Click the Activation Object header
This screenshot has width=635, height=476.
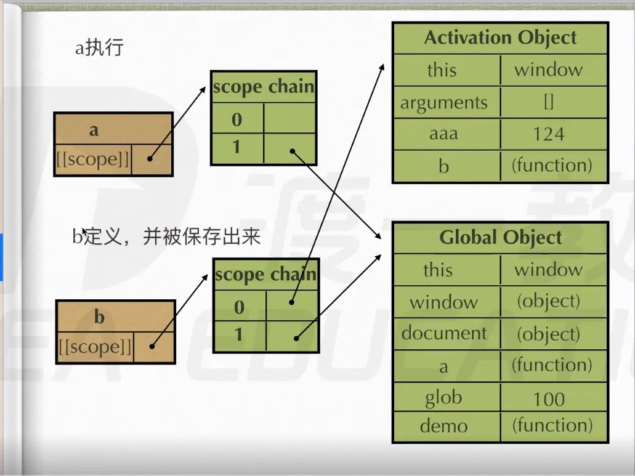pos(500,38)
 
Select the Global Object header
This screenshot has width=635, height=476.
pos(500,238)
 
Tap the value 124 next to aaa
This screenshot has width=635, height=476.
pos(548,134)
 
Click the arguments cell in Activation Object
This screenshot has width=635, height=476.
pos(444,102)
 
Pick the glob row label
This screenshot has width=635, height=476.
pos(443,398)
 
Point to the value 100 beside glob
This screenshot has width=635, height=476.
pos(548,399)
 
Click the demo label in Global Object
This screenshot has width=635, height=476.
pos(443,426)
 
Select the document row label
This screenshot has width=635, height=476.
pos(444,333)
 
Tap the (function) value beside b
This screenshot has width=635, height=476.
pos(552,165)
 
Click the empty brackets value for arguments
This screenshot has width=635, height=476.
pos(549,102)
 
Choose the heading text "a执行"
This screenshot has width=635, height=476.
pos(99,48)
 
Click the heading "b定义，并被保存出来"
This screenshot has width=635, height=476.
pos(166,236)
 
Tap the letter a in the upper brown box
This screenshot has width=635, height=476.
pos(94,130)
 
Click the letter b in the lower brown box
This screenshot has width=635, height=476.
pos(99,317)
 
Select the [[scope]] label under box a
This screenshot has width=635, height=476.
pos(93,159)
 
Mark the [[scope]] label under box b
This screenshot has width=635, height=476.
pos(95,347)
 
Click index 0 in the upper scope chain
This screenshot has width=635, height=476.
pos(237,119)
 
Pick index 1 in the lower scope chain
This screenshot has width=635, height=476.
pos(240,336)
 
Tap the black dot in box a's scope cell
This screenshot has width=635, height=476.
pos(150,159)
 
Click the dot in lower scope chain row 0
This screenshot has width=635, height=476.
pos(291,302)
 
